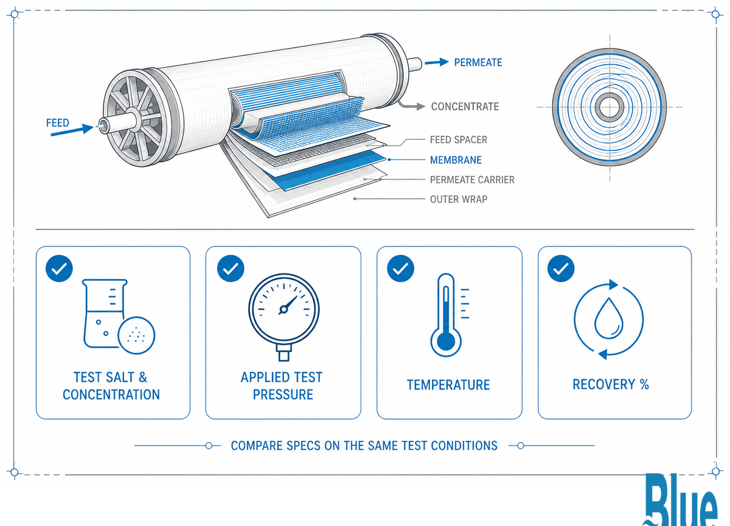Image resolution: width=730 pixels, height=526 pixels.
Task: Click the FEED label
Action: coord(58,123)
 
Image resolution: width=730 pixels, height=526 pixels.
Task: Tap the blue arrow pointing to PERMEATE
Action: coord(436,62)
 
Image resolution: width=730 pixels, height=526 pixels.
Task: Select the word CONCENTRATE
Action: coord(465,107)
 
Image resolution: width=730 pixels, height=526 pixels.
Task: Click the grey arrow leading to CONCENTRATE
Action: coord(411,105)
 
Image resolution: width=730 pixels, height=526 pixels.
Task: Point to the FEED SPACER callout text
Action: coord(458,140)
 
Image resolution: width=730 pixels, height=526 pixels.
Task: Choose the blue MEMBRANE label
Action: coord(456,160)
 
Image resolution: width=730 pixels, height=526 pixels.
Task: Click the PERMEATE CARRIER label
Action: coord(472,180)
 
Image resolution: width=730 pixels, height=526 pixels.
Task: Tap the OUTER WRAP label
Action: coord(459,199)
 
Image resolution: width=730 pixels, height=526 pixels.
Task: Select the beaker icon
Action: coord(104,314)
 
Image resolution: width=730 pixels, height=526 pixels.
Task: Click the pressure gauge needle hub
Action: coord(283,309)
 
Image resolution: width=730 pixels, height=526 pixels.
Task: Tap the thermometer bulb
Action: coord(446,342)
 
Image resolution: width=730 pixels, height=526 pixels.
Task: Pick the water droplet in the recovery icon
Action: coord(609,319)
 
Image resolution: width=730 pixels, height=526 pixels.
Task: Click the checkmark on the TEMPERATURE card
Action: coord(400,268)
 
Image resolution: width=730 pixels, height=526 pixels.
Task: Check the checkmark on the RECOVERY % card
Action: coord(561,268)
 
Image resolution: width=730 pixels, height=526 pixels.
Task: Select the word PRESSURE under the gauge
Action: coord(283,394)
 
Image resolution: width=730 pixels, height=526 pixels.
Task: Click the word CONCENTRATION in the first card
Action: coord(111,394)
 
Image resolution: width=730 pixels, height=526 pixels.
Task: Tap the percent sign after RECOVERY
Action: coord(644,385)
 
